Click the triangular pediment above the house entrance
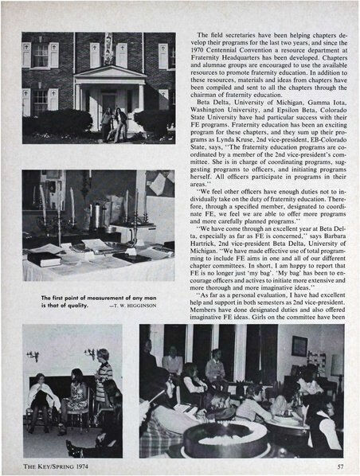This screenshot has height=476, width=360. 110,72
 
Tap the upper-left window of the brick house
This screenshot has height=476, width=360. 38,54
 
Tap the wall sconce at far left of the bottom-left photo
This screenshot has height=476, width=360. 33,355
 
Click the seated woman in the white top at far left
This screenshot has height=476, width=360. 39,394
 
